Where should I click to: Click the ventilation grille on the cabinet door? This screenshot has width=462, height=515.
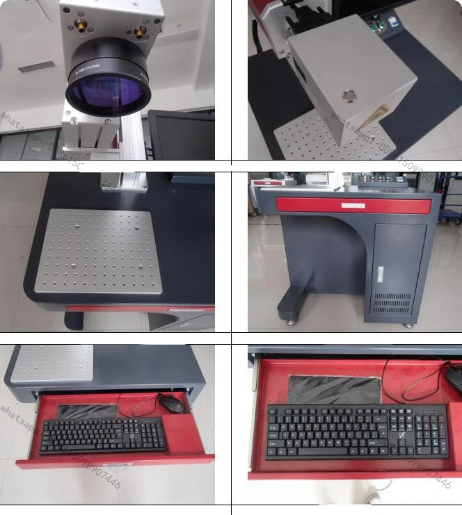tap(393, 303)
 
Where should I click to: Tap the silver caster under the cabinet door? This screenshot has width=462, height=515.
tap(408, 324)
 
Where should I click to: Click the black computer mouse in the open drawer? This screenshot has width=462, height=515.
tap(170, 403)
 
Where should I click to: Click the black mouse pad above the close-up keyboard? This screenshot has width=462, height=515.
tap(335, 389)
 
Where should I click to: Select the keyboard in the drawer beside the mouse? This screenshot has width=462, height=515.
tap(103, 435)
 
